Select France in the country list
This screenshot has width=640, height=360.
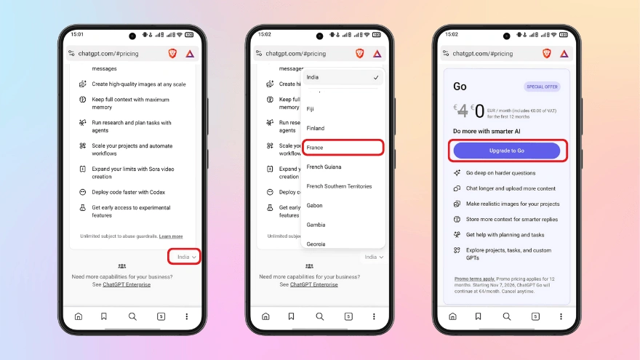pos(342,148)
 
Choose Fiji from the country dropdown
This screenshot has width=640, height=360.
pos(311,109)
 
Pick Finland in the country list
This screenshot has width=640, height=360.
pos(316,128)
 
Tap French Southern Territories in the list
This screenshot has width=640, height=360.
pos(339,186)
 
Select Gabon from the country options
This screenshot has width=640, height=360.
pos(315,206)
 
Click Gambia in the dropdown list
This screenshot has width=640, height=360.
pos(316,225)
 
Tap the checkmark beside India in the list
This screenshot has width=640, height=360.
pos(375,77)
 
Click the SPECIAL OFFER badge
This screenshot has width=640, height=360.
pos(542,87)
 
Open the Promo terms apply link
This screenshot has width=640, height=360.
pos(473,279)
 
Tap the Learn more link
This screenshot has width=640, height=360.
pos(171,236)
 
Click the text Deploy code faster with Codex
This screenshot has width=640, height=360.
pos(128,192)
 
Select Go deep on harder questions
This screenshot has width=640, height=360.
pos(500,173)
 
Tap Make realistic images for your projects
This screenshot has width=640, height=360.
pos(512,204)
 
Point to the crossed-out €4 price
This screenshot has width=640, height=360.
pos(463,111)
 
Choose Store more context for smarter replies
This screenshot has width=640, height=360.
pos(512,219)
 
